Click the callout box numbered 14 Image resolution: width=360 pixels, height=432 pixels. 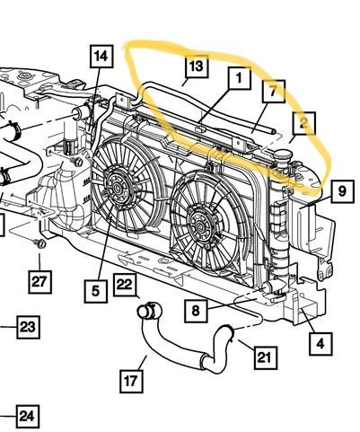tap(101, 57)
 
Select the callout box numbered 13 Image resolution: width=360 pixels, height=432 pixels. tap(197, 66)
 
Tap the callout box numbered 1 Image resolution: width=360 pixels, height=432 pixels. tap(240, 78)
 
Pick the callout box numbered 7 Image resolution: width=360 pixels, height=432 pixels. tap(274, 92)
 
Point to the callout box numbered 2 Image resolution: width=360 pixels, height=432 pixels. tap(304, 123)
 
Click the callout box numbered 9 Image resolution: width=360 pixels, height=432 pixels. tap(343, 191)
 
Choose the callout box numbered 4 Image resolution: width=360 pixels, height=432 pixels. tap(320, 344)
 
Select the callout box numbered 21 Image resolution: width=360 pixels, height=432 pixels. tap(266, 357)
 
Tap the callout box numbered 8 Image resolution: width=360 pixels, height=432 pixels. tap(196, 311)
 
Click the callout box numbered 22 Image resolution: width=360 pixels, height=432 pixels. tap(125, 285)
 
